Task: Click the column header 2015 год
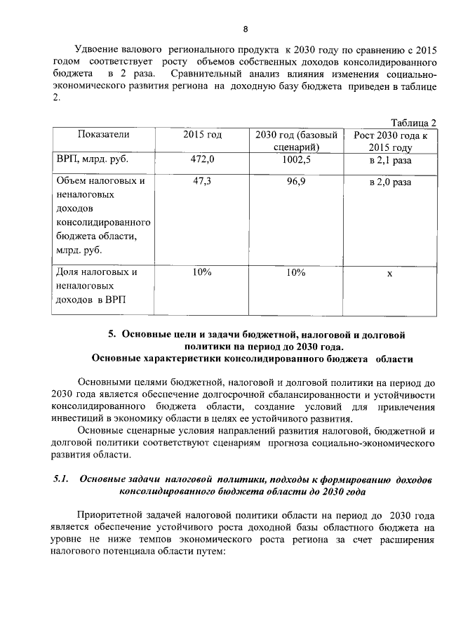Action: click(x=202, y=135)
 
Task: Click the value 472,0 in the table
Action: click(x=202, y=160)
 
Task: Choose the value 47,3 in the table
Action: click(x=202, y=181)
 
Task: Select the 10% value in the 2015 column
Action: click(x=202, y=272)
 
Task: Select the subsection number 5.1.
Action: click(x=61, y=479)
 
